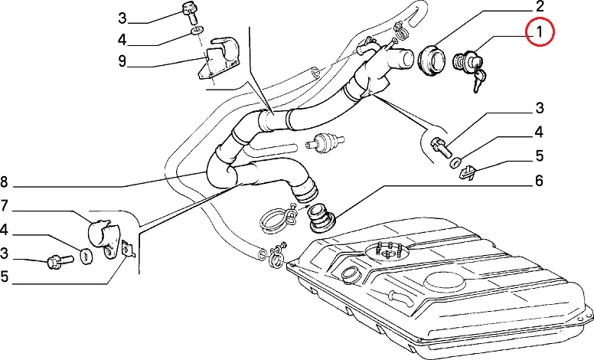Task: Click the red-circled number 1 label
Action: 539,32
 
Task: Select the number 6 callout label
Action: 538,182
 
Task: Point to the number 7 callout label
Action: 5,205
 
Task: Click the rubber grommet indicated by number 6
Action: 321,218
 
